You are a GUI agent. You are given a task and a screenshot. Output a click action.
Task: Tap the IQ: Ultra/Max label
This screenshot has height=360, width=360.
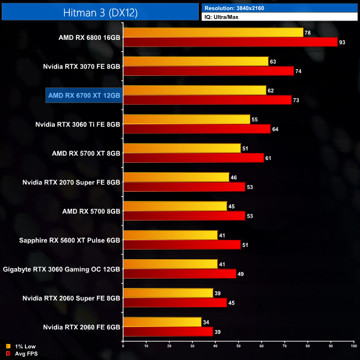coord(222,18)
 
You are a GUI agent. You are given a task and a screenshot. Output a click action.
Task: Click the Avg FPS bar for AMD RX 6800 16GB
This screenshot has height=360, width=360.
coord(230,42)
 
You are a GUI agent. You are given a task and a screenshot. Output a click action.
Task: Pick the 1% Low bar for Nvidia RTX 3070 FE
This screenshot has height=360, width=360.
coord(196,61)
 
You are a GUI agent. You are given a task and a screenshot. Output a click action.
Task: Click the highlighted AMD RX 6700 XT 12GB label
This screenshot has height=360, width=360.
coord(84,95)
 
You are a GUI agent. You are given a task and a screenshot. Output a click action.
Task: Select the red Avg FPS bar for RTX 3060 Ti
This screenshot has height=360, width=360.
coord(197,129)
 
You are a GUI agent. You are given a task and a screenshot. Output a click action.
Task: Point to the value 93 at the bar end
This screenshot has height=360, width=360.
coord(342,42)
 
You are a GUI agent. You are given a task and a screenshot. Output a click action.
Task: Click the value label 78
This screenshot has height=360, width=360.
coord(307,33)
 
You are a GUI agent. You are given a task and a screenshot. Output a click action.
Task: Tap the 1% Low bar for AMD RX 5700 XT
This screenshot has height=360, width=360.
coord(182,148)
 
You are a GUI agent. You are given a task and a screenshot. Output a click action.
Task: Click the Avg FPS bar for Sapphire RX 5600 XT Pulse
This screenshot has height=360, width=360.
coord(182,244)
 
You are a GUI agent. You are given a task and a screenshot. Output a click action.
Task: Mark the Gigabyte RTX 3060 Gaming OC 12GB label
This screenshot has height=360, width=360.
coord(61,269)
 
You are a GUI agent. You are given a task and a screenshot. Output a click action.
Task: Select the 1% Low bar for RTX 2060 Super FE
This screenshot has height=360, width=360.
coord(168,292)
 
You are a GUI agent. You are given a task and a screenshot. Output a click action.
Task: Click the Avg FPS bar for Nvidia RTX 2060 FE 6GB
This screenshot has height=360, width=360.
coord(168,331)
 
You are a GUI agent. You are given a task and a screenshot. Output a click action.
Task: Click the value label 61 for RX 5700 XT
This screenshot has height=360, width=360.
coord(268,158)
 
